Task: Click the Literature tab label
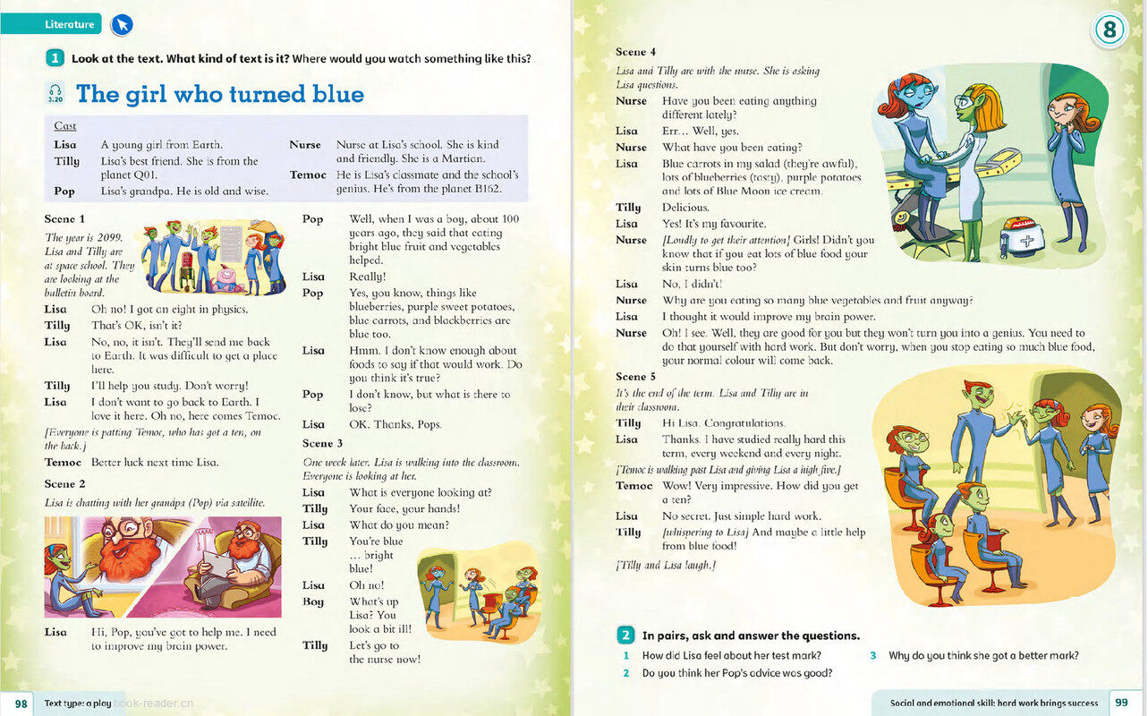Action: (x=70, y=24)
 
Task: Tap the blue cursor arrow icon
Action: (x=121, y=25)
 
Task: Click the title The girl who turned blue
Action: (x=219, y=94)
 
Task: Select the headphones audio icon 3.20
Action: (x=56, y=93)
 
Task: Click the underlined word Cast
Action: (x=65, y=126)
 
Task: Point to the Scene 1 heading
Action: (x=65, y=218)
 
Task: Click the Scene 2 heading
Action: (x=65, y=484)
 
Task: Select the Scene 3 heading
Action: (x=323, y=443)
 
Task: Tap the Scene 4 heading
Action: (x=636, y=52)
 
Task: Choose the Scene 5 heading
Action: (x=636, y=377)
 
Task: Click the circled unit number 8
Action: (x=1109, y=30)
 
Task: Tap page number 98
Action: (x=21, y=703)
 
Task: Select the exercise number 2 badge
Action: (x=626, y=635)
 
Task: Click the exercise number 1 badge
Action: (x=55, y=59)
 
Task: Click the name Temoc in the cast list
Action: (x=308, y=175)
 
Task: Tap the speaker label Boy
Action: (x=313, y=601)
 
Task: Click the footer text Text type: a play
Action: (x=78, y=703)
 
